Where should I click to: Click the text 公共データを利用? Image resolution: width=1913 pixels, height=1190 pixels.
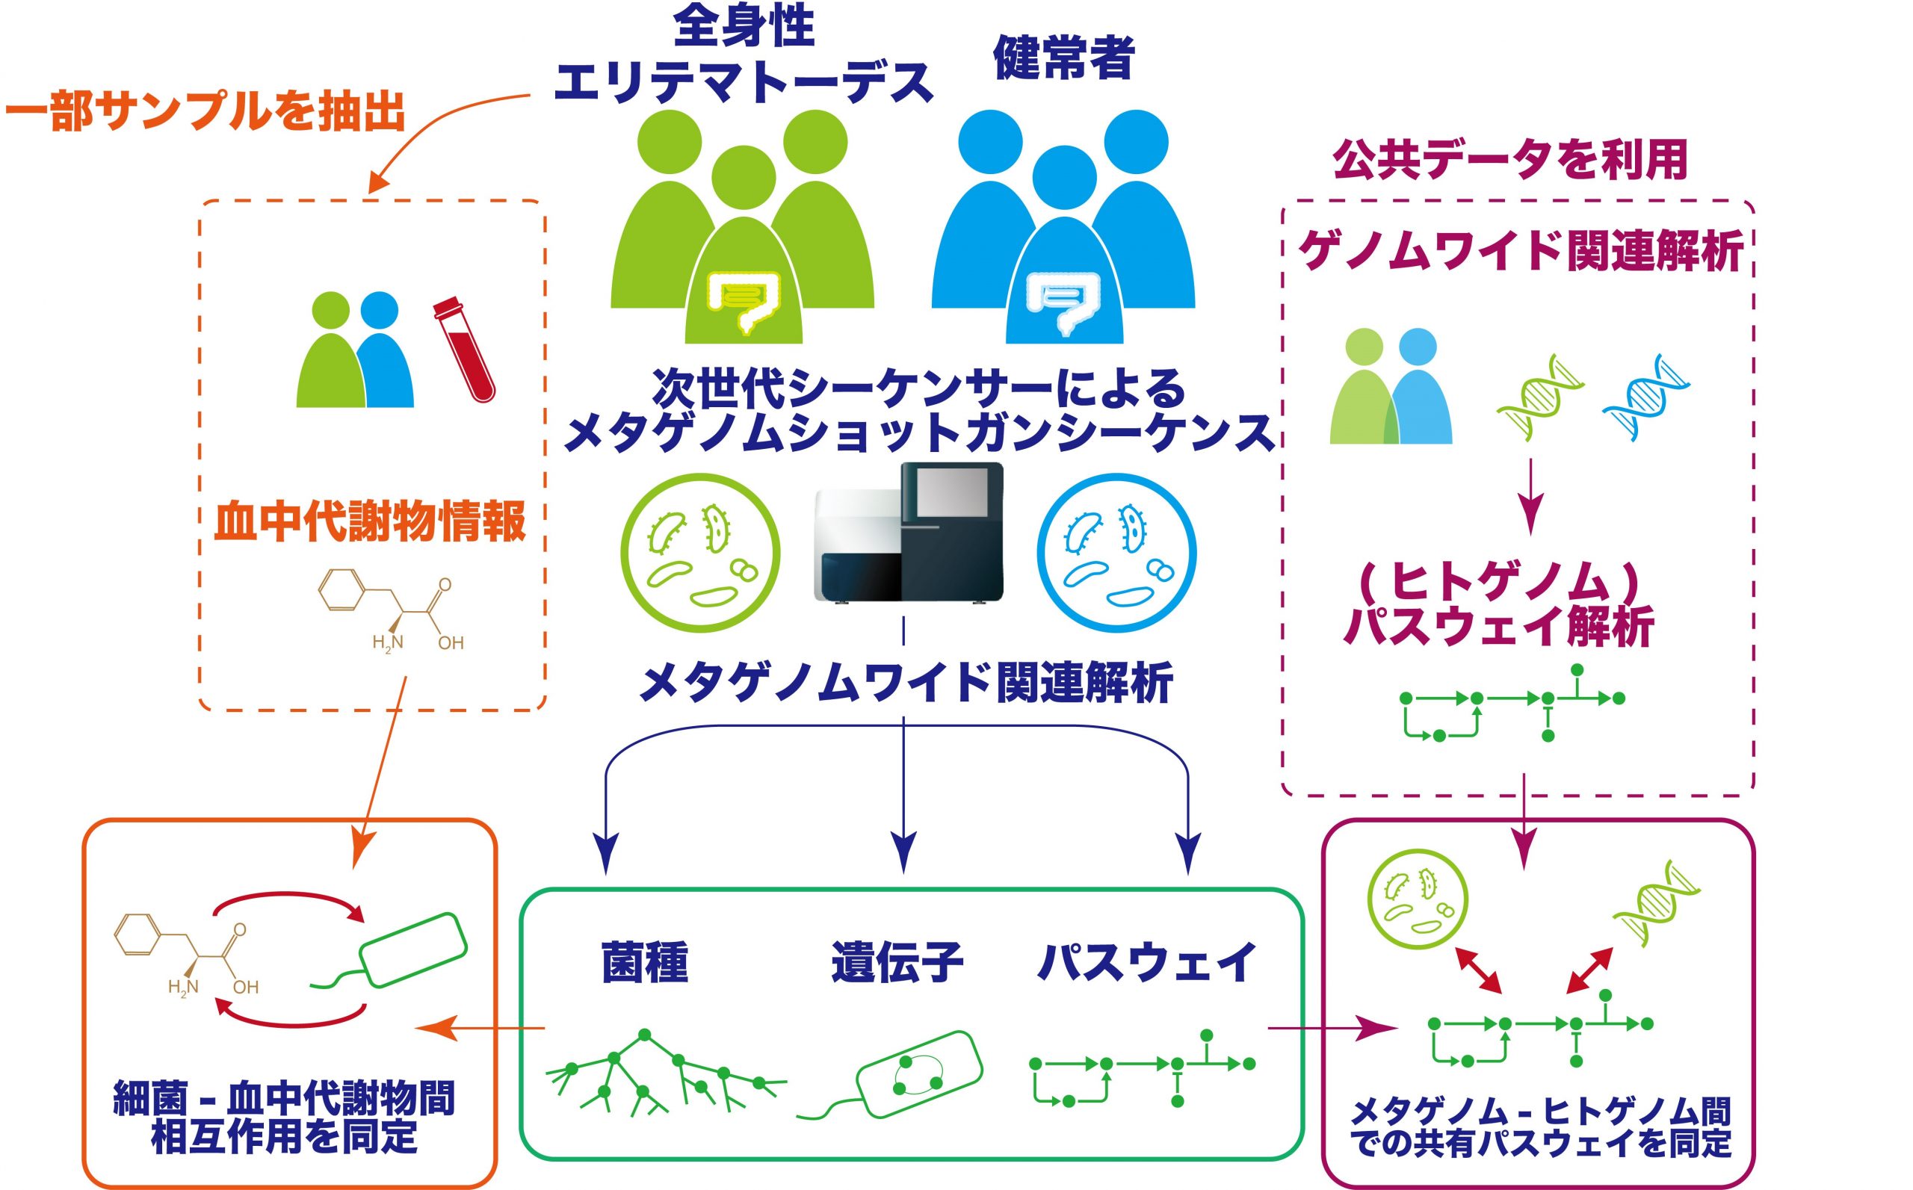pyautogui.click(x=1510, y=160)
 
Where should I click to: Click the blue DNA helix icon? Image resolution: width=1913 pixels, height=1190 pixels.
pyautogui.click(x=1646, y=397)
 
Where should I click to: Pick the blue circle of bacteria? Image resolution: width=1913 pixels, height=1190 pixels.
pyautogui.click(x=1116, y=554)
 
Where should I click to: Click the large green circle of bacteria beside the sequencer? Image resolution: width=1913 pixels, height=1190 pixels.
pyautogui.click(x=700, y=554)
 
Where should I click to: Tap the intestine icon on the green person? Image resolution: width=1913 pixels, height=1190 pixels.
pyautogui.click(x=744, y=303)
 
